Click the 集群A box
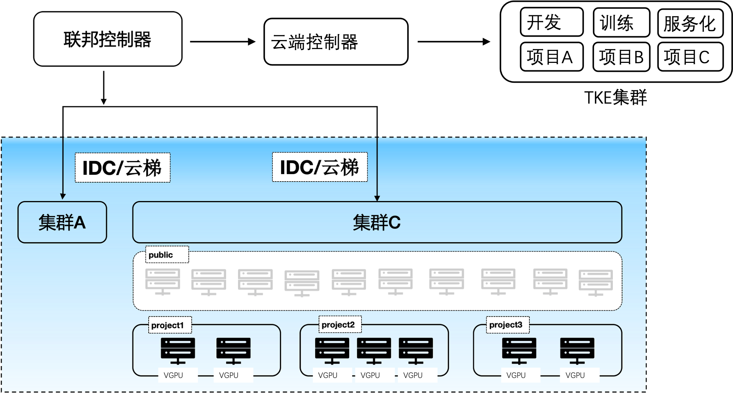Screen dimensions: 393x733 pos(62,222)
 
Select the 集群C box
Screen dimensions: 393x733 pos(377,222)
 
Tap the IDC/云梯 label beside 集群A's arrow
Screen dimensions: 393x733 pos(122,168)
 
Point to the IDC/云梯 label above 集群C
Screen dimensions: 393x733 pos(320,167)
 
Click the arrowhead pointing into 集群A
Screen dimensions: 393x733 pos(63,196)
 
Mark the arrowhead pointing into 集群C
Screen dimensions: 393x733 pos(377,198)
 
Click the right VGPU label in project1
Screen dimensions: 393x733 pos(229,375)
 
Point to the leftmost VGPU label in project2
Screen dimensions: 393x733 pos(328,375)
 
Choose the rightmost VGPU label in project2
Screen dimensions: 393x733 pos(413,375)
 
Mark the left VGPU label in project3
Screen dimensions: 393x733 pos(516,375)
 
